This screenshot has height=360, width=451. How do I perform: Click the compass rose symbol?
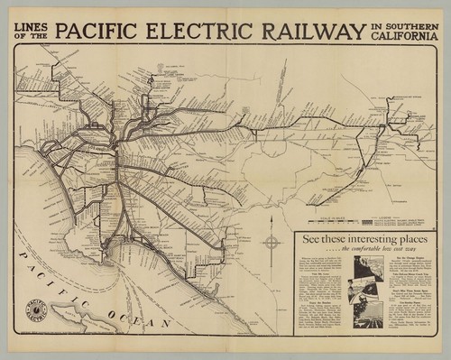pos(271,242)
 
